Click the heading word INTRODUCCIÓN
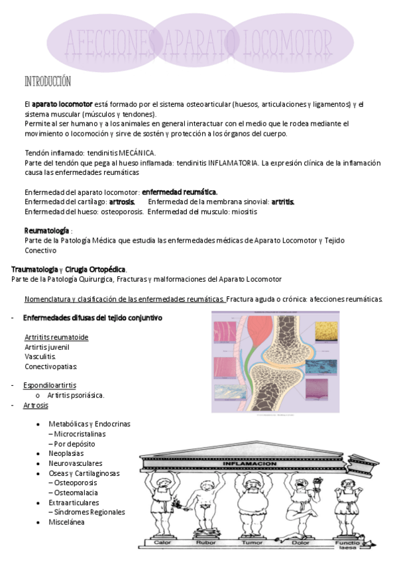pos(47,82)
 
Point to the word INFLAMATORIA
pos(235,162)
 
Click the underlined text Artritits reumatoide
pos(56,337)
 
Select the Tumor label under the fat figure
pos(251,543)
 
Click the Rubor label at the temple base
pos(206,543)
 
